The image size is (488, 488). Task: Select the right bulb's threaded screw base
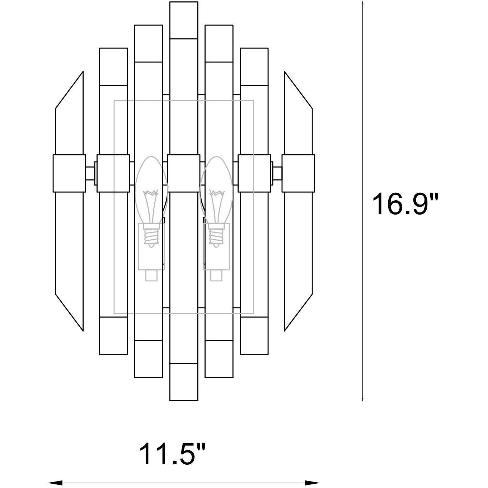point(216,235)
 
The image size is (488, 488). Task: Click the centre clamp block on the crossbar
point(184,173)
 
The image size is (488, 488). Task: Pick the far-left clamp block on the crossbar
point(69,173)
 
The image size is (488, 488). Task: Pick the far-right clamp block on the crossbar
point(298,173)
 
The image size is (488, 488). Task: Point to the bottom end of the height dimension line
point(363,399)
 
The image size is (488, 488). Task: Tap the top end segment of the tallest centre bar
point(184,20)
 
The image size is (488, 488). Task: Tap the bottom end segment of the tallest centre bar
point(184,382)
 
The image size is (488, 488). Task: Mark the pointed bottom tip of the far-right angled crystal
point(285,329)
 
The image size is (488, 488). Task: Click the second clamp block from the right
point(254,173)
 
